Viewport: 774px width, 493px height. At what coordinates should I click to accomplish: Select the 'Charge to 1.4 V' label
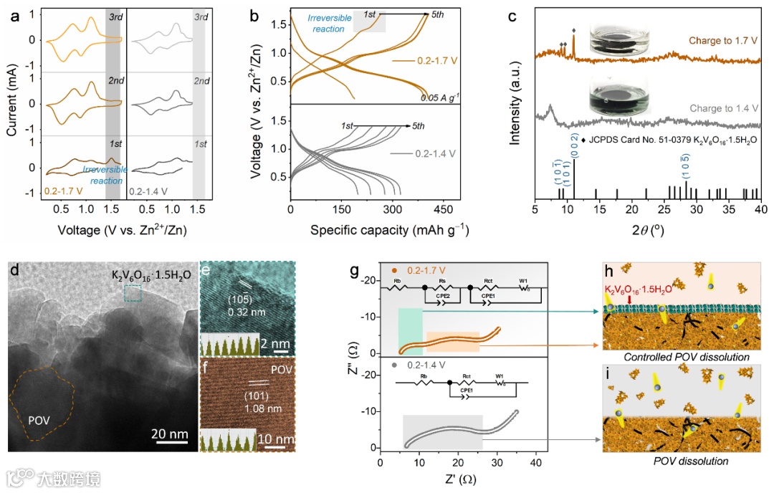click(x=721, y=109)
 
